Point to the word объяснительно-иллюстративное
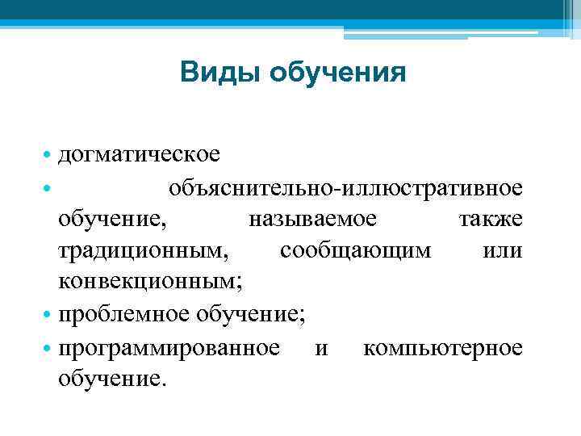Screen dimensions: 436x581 345,188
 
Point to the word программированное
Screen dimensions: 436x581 170,348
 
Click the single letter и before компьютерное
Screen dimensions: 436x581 322,348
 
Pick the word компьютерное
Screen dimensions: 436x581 443,348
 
